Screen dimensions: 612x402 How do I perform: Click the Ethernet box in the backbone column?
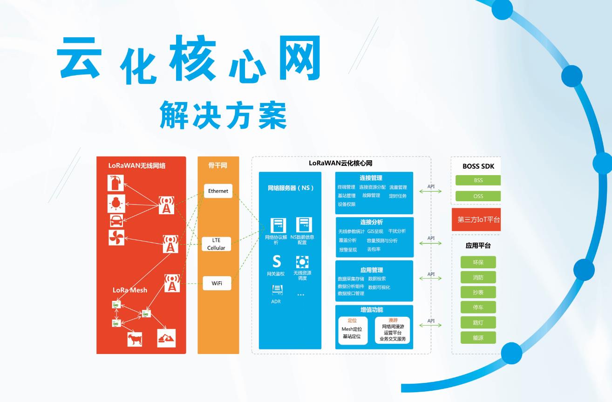pos(218,191)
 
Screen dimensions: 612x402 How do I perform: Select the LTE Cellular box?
pos(216,244)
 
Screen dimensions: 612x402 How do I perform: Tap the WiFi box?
pos(217,283)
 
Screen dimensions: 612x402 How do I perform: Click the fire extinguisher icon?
pos(116,183)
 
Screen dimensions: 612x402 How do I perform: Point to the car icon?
pos(116,220)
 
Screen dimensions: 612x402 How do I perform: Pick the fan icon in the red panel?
pos(116,238)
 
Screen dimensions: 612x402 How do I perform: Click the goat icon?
pos(135,339)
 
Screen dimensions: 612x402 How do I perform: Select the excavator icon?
pos(166,338)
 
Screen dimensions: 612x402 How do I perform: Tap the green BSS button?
pos(478,180)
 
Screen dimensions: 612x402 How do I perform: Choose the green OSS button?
pos(478,196)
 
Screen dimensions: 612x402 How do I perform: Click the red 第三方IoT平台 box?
pos(476,219)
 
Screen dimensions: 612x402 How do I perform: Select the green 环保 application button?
pos(478,262)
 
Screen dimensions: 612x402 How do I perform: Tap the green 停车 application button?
pos(478,307)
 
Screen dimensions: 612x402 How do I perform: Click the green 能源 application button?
pos(478,338)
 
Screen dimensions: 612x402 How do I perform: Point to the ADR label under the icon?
pos(276,301)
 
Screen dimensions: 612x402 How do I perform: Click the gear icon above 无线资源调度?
pos(302,262)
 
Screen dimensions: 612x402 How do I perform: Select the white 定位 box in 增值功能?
pos(353,331)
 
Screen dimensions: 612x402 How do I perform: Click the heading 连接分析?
pos(371,222)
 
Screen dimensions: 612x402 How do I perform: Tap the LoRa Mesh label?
pos(130,290)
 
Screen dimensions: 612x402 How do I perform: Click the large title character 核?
pos(193,58)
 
